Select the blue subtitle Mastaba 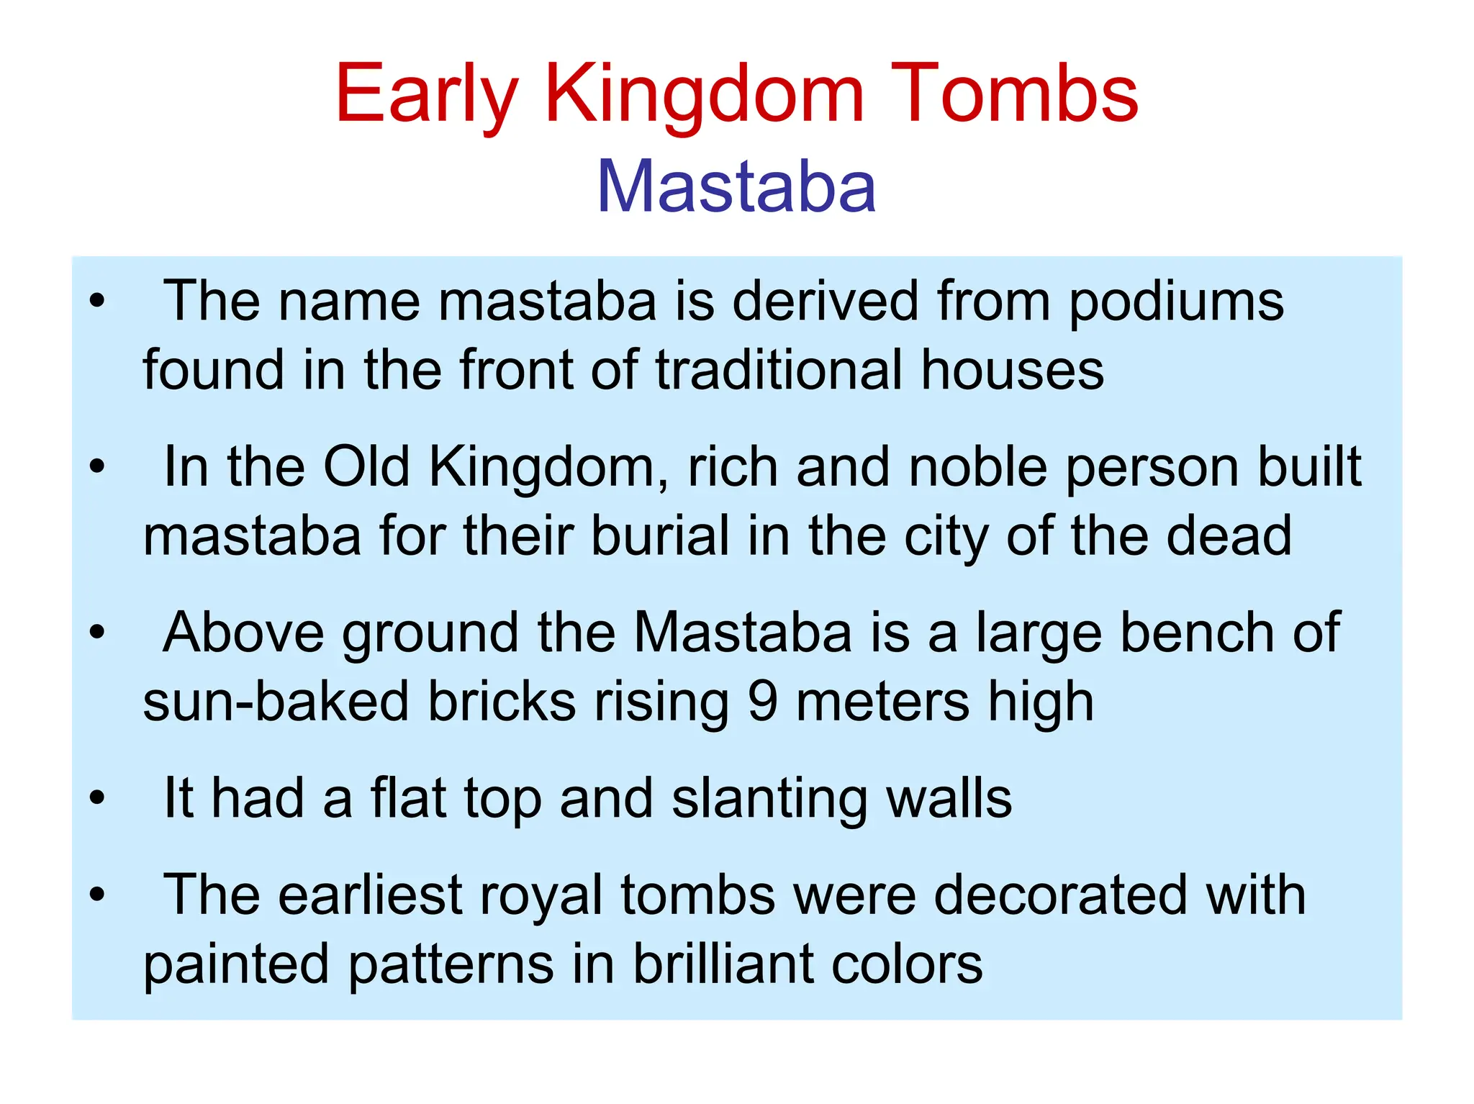[736, 187]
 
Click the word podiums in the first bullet [1176, 302]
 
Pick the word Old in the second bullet [366, 467]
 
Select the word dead [1229, 536]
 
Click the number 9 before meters [763, 702]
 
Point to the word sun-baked [276, 702]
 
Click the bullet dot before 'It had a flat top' [97, 798]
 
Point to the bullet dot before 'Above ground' [97, 633]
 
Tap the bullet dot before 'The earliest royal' [97, 895]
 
